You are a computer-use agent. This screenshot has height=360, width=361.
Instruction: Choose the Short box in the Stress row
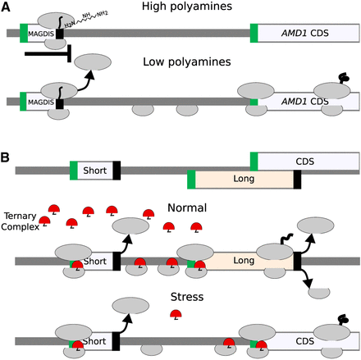(x=95, y=338)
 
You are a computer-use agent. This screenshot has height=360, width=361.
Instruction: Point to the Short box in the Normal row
(x=95, y=261)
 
